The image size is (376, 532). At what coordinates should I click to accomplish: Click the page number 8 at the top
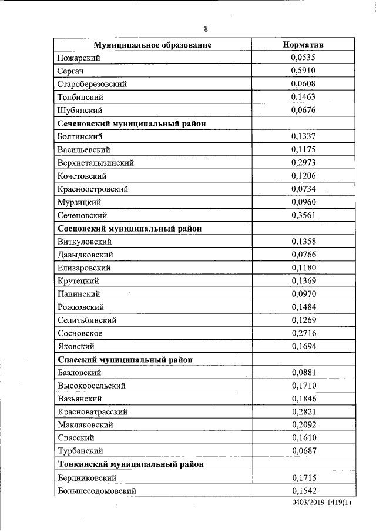[x=206, y=29]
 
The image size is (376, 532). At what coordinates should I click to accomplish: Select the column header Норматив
[x=303, y=45]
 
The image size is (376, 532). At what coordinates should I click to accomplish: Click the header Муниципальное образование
[x=153, y=45]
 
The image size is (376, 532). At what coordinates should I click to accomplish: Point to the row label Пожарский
[x=79, y=58]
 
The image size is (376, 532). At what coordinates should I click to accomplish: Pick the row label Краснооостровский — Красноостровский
[x=93, y=189]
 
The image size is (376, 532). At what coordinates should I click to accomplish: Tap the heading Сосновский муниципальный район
[x=130, y=229]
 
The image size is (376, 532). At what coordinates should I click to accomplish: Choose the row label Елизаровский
[x=85, y=268]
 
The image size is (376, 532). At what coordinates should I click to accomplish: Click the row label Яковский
[x=76, y=347]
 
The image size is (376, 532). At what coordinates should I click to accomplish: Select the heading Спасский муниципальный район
[x=126, y=359]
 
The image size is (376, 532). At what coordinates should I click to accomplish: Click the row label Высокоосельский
[x=91, y=386]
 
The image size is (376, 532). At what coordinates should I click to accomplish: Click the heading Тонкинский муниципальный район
[x=131, y=464]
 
